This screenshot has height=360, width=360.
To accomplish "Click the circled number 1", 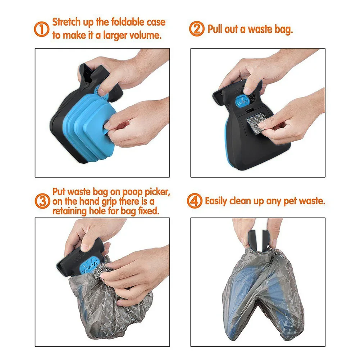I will point(42,29).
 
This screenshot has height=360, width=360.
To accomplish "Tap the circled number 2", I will point(196,29).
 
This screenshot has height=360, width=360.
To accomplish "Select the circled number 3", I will point(42,201).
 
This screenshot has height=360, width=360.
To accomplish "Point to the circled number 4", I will point(195,201).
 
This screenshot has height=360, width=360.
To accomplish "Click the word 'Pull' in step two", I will point(215,29).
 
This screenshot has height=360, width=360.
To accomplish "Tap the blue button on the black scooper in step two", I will point(240,99).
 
